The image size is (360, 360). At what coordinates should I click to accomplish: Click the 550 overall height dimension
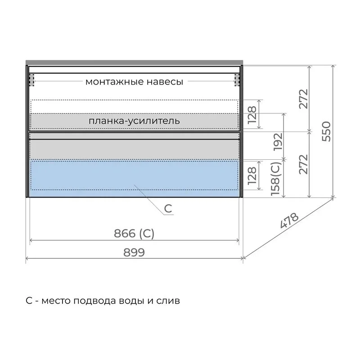point(327,131)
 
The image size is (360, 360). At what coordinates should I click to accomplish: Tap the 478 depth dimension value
point(290,220)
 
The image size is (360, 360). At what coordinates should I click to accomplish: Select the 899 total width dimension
point(134,252)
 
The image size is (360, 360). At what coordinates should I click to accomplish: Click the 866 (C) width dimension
point(134,234)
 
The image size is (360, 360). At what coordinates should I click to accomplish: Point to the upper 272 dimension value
point(303,99)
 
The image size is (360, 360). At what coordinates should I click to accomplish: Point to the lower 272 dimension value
point(303,164)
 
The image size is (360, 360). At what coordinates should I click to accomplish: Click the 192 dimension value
point(278,142)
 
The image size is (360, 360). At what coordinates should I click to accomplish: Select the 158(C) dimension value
point(275,179)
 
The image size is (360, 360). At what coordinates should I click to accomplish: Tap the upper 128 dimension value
point(252,115)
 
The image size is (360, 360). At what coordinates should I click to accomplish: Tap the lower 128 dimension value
point(252,175)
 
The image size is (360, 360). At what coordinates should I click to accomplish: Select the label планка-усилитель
point(134,121)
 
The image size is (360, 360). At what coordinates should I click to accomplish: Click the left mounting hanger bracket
point(31,80)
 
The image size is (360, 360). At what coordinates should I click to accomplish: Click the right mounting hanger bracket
point(237,80)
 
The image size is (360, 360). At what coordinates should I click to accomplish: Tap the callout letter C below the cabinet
point(168,209)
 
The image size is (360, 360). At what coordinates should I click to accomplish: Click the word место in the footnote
point(56,301)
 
